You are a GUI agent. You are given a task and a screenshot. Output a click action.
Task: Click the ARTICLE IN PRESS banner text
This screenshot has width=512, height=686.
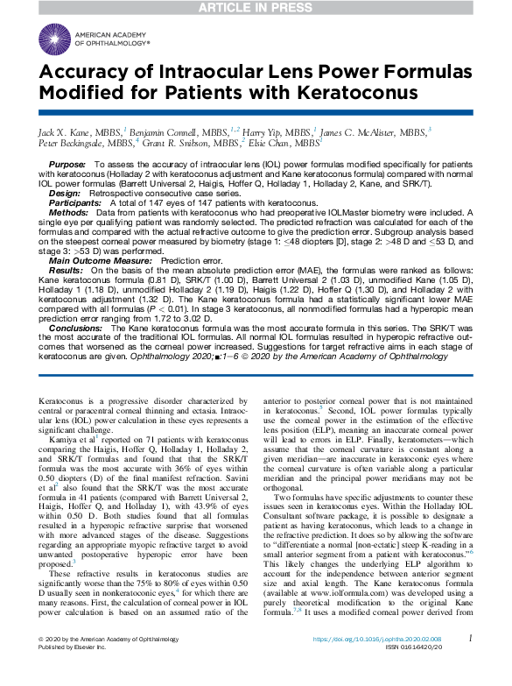(256, 8)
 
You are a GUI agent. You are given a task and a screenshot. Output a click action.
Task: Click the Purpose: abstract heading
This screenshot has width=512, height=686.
(67, 165)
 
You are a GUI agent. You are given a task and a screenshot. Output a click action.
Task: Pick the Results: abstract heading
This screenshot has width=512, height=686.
(67, 272)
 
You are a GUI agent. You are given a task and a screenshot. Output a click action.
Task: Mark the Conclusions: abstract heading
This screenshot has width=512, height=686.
(76, 328)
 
